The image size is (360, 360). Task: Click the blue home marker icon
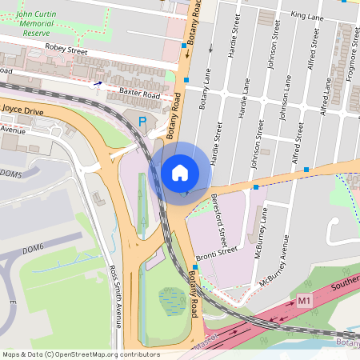[x=180, y=172]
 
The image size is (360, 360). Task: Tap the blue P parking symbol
[x=142, y=122]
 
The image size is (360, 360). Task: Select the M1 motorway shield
[x=303, y=300]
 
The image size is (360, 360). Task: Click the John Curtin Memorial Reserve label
[x=40, y=23]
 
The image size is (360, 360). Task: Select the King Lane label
[x=307, y=15]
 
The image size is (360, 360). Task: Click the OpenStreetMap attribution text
[x=81, y=354]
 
